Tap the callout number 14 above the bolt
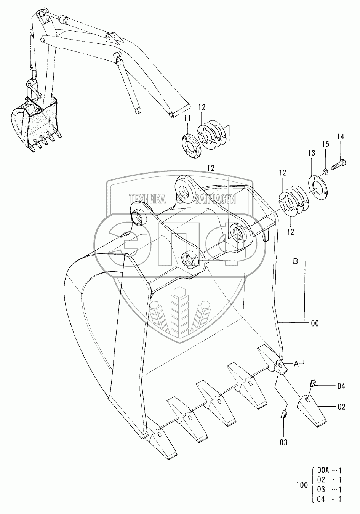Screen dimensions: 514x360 (x=340, y=136)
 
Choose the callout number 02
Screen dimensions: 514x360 (x=341, y=407)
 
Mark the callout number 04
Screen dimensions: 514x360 (x=341, y=386)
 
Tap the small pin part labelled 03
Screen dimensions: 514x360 (x=283, y=415)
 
